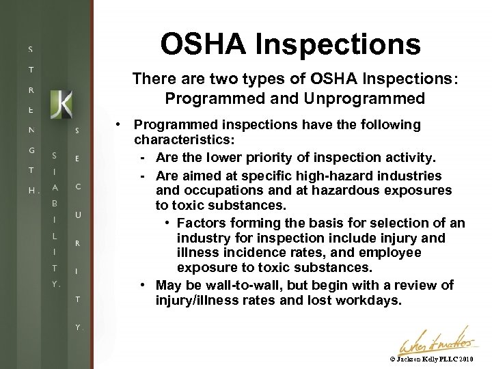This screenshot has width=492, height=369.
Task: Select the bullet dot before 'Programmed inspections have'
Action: pyautogui.click(x=119, y=125)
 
